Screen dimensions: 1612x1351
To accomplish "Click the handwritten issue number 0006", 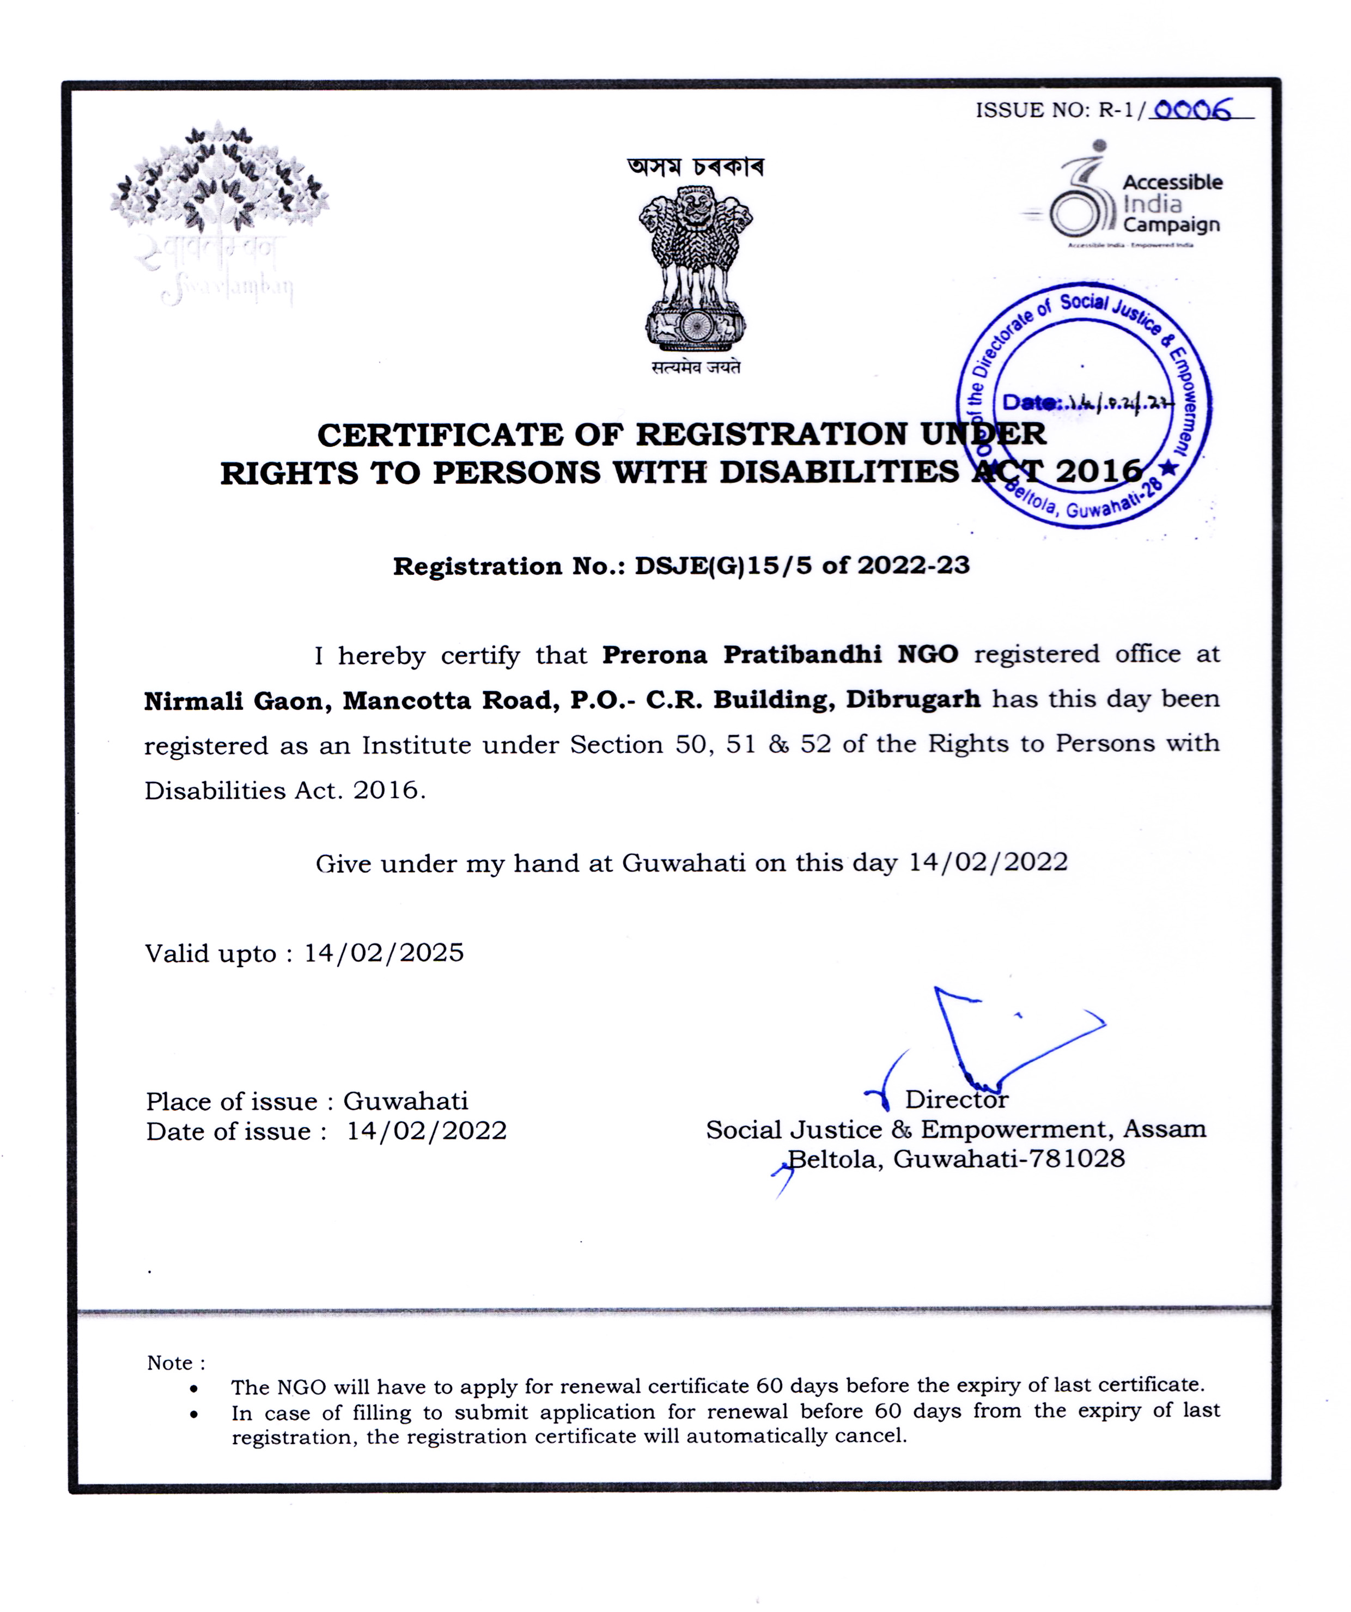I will click(x=1191, y=111).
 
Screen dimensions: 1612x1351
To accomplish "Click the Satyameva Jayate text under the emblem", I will click(x=696, y=368).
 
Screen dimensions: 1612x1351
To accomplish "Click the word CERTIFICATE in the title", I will click(x=440, y=435).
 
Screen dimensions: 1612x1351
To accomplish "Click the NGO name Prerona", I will click(x=654, y=655).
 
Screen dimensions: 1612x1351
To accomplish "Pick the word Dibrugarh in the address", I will click(x=912, y=699).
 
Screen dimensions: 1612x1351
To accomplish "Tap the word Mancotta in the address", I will click(x=406, y=701).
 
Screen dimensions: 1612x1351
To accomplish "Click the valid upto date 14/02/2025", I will click(x=384, y=953).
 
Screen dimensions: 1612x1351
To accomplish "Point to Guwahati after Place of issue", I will click(x=405, y=1101).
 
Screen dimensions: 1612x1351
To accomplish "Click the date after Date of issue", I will click(x=427, y=1131).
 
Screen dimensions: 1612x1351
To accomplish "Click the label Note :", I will click(x=176, y=1362).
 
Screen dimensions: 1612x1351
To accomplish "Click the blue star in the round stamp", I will click(x=1169, y=467).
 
